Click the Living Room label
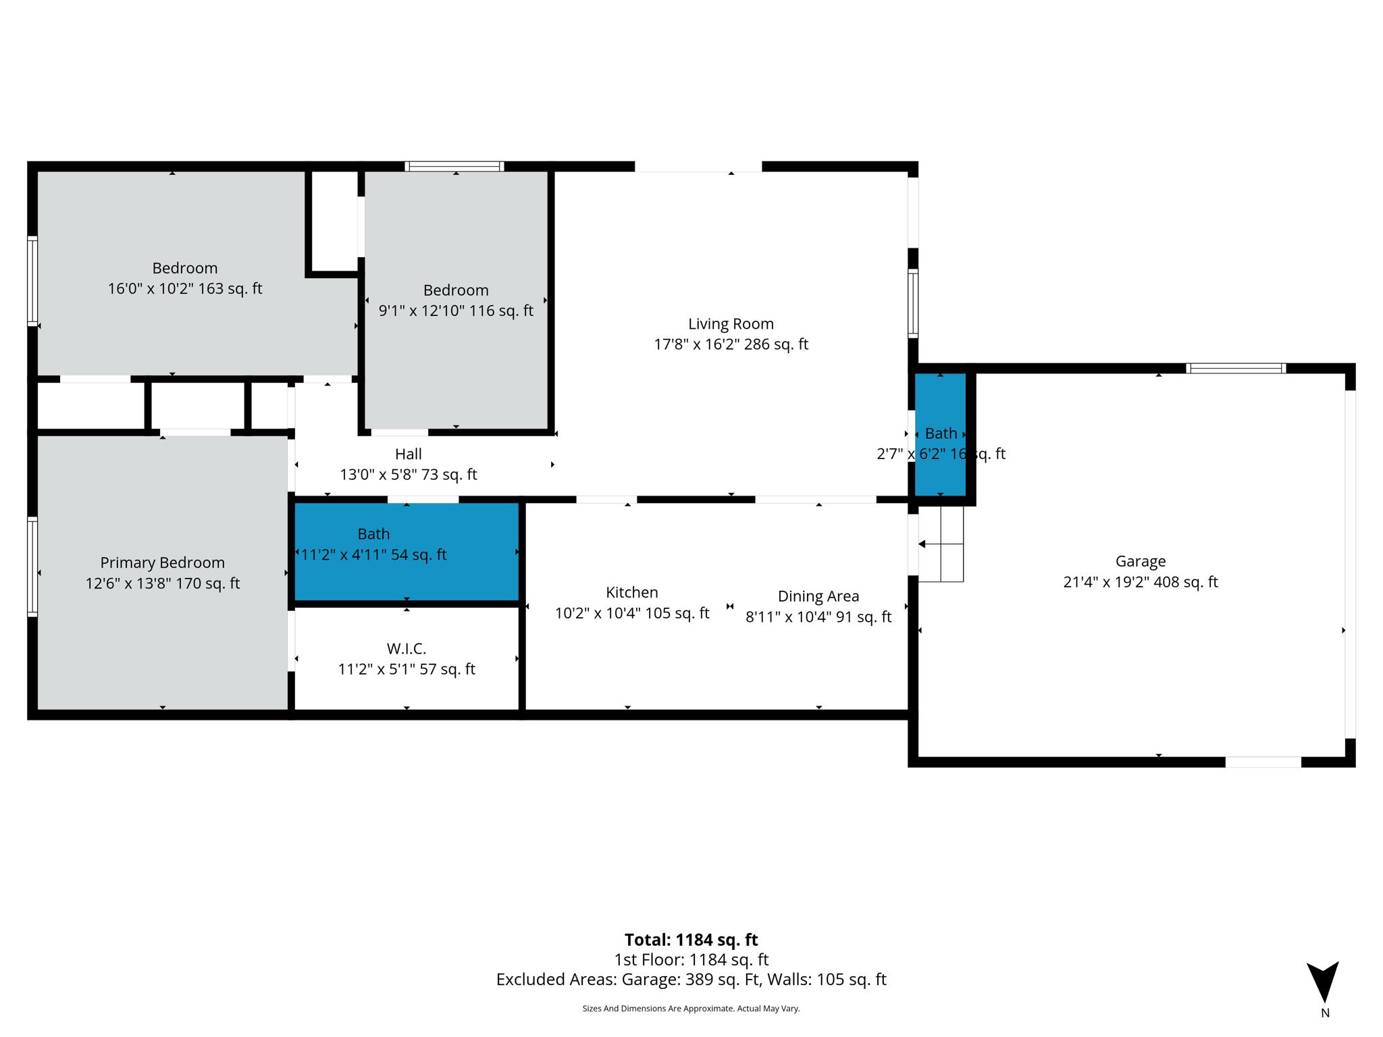coord(731,324)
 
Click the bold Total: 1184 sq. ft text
coord(691,940)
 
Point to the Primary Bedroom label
coord(162,562)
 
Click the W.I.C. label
coord(406,649)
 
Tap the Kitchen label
coord(631,592)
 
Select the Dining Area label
coord(818,596)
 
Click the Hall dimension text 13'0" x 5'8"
coord(408,475)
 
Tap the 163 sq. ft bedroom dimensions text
coord(184,289)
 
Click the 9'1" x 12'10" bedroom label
coord(456,290)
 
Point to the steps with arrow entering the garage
coord(941,544)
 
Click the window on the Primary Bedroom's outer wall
coord(32,566)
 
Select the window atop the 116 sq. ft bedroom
coord(454,166)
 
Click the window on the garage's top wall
coord(1235,368)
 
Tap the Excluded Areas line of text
coord(691,980)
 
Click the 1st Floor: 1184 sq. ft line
coord(691,959)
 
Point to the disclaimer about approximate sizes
coord(691,1009)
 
